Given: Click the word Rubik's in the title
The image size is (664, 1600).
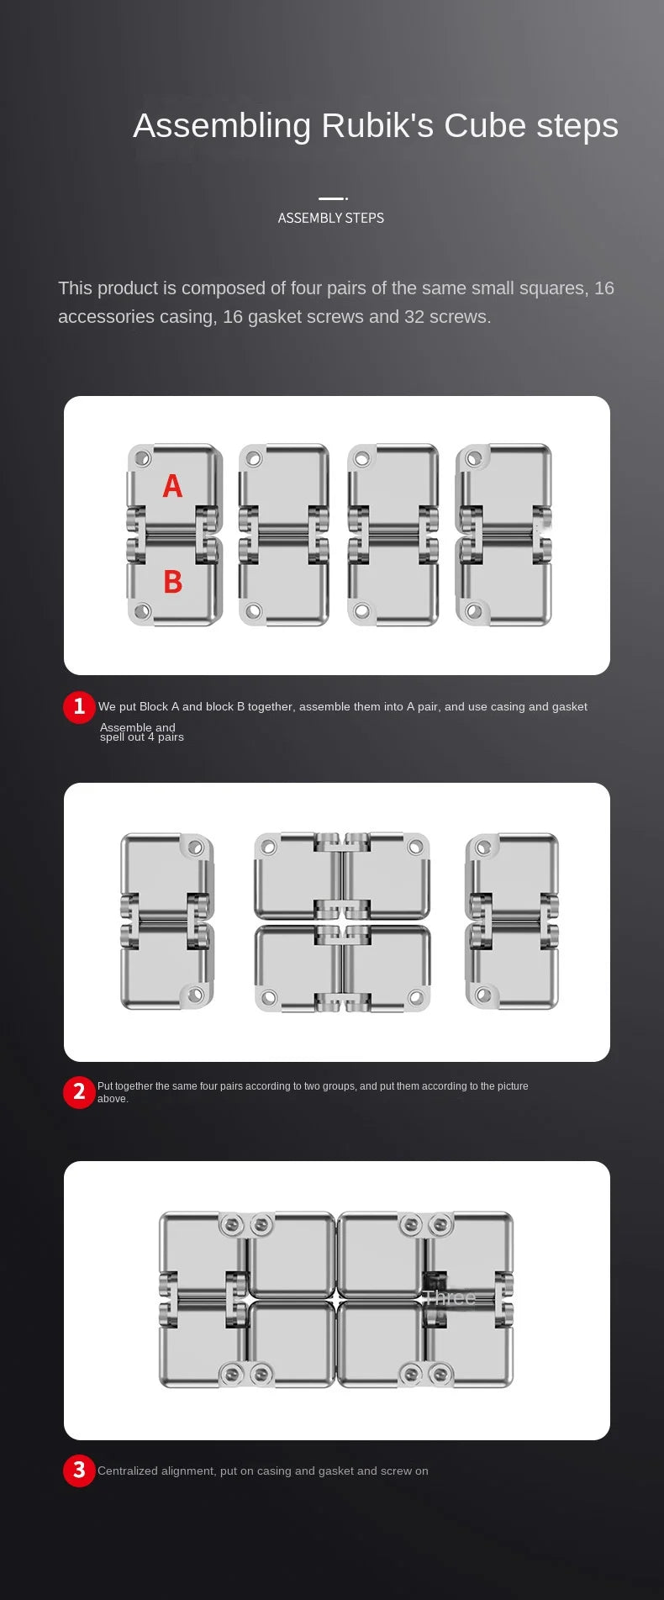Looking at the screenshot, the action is [377, 125].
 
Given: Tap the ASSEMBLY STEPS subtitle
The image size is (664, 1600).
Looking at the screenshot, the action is [331, 218].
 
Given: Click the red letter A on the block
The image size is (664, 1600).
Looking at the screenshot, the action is [172, 485].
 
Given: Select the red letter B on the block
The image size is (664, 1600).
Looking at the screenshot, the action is [173, 581].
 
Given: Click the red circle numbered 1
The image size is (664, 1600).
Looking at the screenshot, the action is [79, 706].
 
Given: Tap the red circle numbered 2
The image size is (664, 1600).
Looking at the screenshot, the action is [79, 1092].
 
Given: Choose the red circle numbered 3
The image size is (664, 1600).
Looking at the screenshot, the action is [79, 1470].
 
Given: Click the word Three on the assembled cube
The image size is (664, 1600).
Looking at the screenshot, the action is [449, 1297].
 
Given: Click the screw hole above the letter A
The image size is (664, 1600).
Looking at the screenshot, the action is [143, 459].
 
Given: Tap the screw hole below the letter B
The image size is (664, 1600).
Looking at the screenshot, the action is [143, 610].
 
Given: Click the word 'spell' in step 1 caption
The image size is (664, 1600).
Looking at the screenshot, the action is [112, 737].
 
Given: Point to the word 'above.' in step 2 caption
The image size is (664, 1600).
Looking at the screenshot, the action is [113, 1099].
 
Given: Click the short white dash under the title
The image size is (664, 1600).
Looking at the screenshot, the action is [333, 198].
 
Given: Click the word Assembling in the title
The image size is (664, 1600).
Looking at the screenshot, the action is [223, 126].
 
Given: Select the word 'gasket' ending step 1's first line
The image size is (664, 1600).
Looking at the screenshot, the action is [570, 707].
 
